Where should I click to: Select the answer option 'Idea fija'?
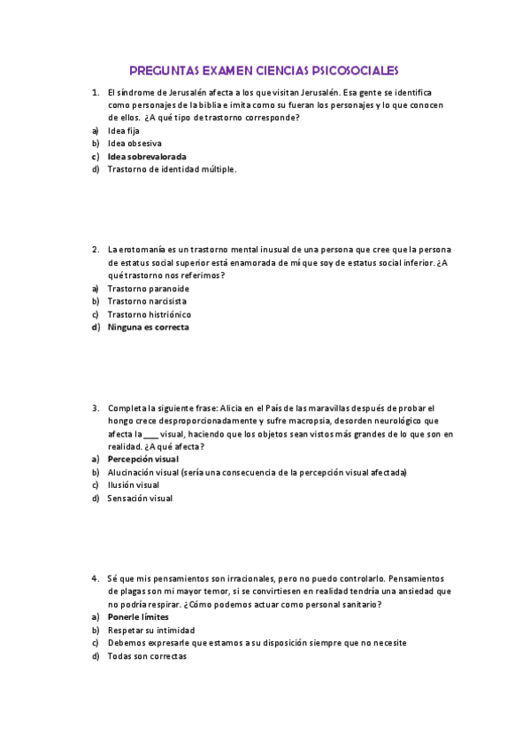(123, 130)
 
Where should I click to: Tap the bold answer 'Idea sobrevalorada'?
(147, 156)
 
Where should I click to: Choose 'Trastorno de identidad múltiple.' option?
(172, 169)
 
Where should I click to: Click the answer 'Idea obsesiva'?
(134, 143)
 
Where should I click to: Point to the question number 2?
(95, 250)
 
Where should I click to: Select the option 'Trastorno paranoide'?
(148, 289)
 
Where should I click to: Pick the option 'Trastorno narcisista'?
(147, 301)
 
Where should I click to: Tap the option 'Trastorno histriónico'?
(149, 314)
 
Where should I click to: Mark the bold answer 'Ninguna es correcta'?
(148, 327)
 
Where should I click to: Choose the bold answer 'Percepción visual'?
(142, 460)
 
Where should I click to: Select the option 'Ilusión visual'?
(134, 484)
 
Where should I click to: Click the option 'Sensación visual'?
(140, 498)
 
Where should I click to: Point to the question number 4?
(95, 577)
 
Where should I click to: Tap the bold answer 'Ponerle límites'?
(137, 616)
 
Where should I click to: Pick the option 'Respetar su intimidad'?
(149, 630)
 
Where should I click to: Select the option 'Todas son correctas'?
(147, 656)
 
